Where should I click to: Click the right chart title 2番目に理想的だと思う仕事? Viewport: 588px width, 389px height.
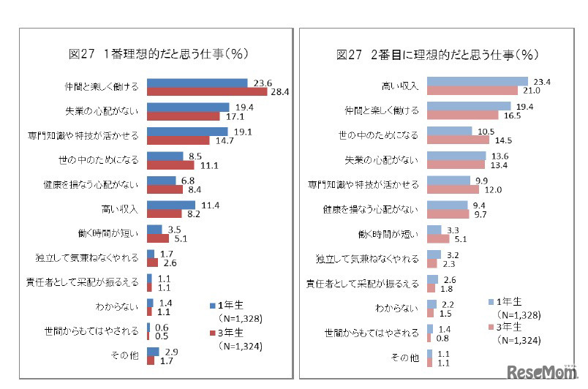(x=437, y=53)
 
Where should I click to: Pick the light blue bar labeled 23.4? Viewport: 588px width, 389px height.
(x=477, y=81)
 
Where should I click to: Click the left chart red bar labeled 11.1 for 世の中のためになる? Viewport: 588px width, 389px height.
(x=170, y=165)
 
